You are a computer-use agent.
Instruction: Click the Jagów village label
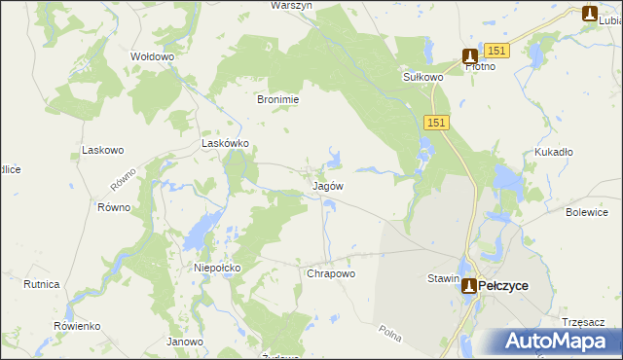(328, 185)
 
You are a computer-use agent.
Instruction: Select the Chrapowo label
(331, 273)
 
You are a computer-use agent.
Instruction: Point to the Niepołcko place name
(217, 267)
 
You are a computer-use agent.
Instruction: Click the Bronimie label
(276, 99)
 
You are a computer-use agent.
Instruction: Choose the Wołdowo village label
(152, 56)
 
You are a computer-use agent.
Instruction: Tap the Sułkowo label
(423, 76)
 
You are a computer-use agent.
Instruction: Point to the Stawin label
(443, 278)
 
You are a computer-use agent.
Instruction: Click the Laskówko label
(225, 143)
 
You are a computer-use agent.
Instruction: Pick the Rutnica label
(42, 284)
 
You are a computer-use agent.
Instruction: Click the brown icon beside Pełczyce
(469, 285)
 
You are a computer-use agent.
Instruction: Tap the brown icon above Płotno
(470, 56)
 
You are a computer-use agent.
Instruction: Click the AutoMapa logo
(558, 342)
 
